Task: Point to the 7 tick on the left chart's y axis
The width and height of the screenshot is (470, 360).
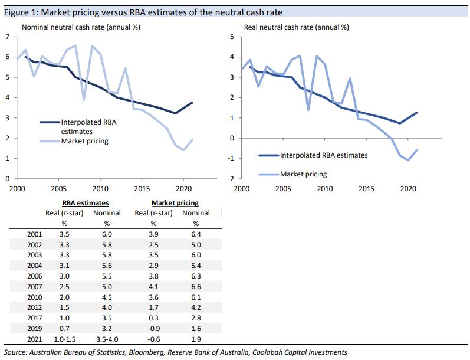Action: click(x=8, y=37)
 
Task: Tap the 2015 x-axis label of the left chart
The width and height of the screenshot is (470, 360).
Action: click(x=142, y=189)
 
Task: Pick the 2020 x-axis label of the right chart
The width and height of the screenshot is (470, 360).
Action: click(x=407, y=189)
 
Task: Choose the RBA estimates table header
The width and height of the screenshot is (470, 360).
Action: click(x=85, y=203)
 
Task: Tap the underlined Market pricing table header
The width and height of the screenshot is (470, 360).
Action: click(x=175, y=203)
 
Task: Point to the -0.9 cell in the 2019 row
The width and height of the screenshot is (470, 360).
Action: click(x=152, y=326)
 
